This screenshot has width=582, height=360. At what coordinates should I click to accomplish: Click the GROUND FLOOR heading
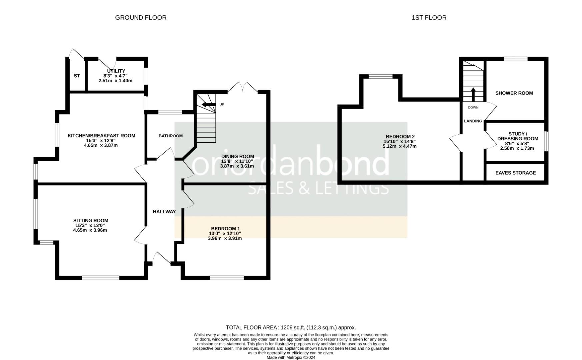tap(141, 18)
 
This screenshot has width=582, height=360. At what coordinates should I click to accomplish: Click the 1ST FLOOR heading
tap(429, 18)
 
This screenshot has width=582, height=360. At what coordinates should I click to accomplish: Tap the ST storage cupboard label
tap(77, 76)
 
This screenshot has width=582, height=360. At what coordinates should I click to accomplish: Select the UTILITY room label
tap(116, 71)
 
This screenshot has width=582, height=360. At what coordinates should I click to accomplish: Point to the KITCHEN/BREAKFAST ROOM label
tap(101, 136)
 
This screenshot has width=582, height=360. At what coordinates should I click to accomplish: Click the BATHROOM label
tap(171, 136)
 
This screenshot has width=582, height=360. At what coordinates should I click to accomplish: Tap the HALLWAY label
tap(164, 212)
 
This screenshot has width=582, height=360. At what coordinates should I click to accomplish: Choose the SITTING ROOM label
tap(91, 221)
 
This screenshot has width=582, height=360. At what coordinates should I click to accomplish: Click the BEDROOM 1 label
tap(225, 229)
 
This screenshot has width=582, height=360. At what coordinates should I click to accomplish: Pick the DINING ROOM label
tap(238, 156)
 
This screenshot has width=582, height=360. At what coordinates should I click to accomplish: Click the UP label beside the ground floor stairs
tap(222, 105)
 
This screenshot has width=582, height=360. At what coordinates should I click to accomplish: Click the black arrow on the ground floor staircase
tap(209, 105)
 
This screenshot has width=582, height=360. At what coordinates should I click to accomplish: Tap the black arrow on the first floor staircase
tap(473, 94)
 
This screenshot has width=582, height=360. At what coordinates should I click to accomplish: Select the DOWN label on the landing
tap(473, 108)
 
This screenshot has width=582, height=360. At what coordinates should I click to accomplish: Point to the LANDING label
tap(473, 121)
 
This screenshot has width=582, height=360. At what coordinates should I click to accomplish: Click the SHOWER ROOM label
tap(514, 93)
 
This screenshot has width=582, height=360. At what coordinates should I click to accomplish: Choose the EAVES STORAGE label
tap(516, 173)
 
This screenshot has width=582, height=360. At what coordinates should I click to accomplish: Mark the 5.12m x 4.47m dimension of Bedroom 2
tap(400, 146)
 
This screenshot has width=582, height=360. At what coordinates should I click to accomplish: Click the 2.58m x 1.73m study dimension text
tap(517, 148)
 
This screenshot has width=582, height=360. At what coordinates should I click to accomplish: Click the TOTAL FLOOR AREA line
tap(291, 328)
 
